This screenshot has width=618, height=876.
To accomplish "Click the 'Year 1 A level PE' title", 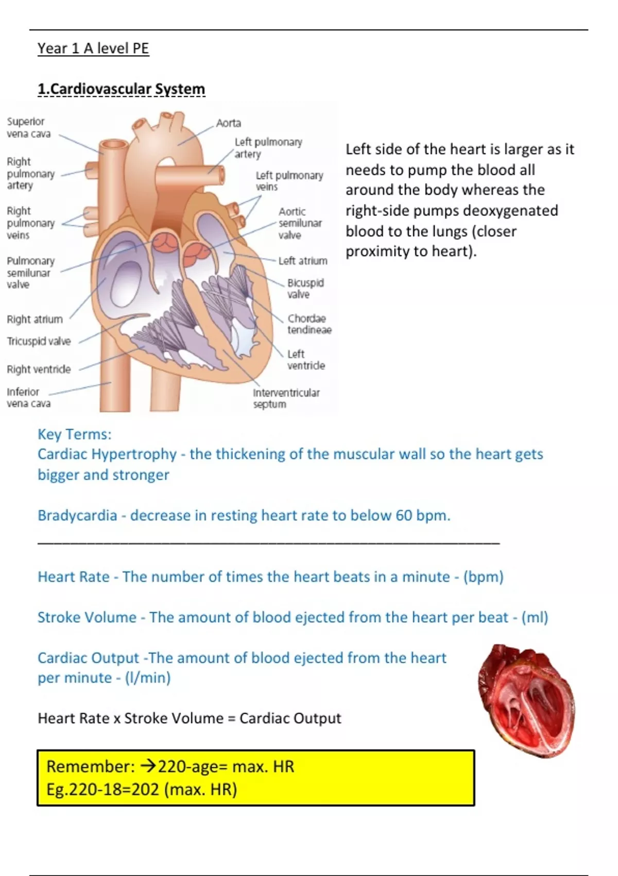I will (93, 48).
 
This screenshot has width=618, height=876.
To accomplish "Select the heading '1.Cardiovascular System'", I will (121, 89).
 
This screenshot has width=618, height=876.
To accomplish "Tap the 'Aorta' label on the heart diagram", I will (229, 123).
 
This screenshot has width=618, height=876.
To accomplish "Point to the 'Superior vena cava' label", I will (28, 127).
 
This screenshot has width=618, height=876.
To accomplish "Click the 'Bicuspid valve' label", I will (305, 289).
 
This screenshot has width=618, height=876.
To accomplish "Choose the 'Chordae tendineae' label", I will (309, 324).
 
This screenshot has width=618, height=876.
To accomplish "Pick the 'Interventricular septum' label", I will (286, 398).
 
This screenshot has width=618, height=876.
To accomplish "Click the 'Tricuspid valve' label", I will (39, 341).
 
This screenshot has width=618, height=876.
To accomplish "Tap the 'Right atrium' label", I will (35, 319).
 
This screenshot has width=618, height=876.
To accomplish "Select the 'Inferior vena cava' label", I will (28, 398).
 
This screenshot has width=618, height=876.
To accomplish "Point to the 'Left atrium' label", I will (303, 261).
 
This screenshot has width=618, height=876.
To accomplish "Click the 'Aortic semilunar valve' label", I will (300, 223).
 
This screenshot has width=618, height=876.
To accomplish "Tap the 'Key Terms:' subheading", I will (74, 434).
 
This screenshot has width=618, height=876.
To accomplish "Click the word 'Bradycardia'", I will (77, 515).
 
